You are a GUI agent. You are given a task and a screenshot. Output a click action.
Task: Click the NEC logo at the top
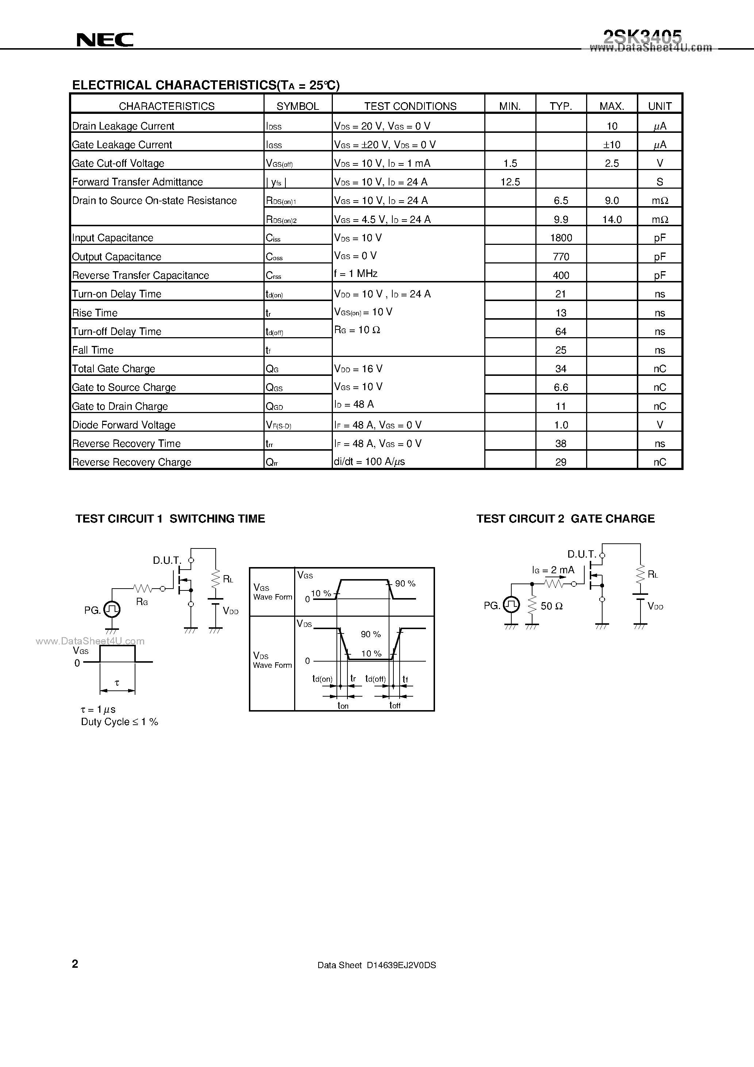pyautogui.click(x=105, y=40)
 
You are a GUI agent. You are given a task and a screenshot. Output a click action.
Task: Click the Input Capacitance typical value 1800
pyautogui.click(x=561, y=238)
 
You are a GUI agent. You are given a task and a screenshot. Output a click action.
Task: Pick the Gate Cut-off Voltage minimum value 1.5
pyautogui.click(x=510, y=163)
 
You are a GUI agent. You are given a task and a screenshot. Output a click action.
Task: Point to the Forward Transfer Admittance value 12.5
pyautogui.click(x=510, y=182)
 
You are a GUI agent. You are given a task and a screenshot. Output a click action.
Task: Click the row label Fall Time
pyautogui.click(x=93, y=350)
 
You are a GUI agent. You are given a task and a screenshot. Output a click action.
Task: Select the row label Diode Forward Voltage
pyautogui.click(x=124, y=425)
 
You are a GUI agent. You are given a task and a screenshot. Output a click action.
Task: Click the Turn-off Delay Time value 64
pyautogui.click(x=561, y=331)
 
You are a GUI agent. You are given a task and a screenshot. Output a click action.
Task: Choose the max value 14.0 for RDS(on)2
pyautogui.click(x=612, y=219)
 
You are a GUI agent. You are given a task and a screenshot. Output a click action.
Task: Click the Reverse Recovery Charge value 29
pyautogui.click(x=561, y=462)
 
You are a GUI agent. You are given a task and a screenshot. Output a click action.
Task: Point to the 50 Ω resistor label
pyautogui.click(x=551, y=606)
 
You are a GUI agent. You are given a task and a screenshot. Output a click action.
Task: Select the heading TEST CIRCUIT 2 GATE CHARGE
pyautogui.click(x=565, y=519)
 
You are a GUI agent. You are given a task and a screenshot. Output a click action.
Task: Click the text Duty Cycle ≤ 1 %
pyautogui.click(x=119, y=722)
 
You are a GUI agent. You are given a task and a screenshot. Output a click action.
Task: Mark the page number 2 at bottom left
pyautogui.click(x=75, y=964)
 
